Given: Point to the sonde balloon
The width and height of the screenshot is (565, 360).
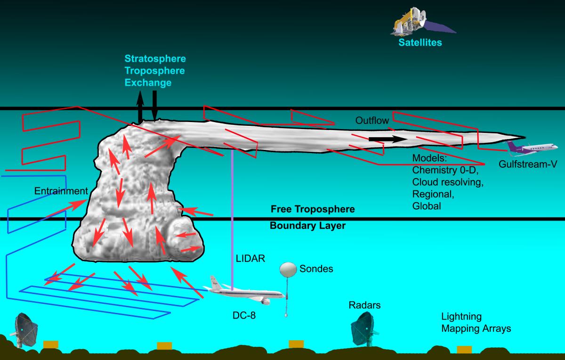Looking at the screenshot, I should pyautogui.click(x=288, y=270).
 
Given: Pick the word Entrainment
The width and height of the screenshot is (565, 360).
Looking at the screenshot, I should pyautogui.click(x=61, y=191).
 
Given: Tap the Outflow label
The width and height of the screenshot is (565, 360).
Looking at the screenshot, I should pyautogui.click(x=372, y=121).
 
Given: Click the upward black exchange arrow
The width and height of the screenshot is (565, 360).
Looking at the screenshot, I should pyautogui.click(x=140, y=106).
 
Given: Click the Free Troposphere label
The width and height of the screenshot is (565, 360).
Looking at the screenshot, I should pyautogui.click(x=312, y=208).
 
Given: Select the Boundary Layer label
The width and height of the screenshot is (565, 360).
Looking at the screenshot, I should pyautogui.click(x=307, y=226).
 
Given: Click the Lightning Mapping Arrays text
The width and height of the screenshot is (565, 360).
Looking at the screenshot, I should pyautogui.click(x=476, y=322).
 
